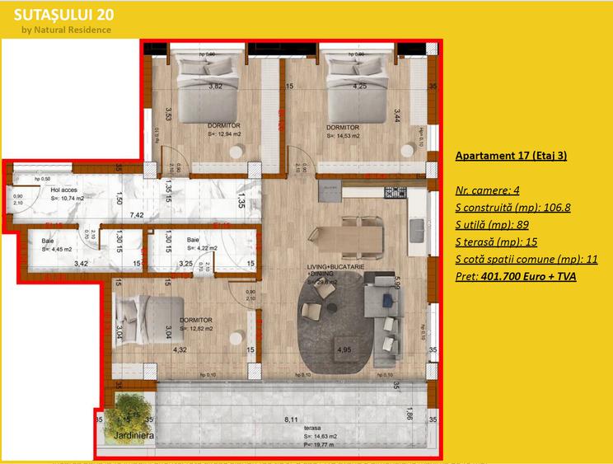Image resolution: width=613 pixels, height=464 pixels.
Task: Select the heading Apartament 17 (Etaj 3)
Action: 510,155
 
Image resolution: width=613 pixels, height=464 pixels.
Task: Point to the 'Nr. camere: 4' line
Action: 487,190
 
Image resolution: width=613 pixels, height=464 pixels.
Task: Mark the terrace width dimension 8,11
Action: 291,420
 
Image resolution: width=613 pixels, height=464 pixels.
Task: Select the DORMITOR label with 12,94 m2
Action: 224,126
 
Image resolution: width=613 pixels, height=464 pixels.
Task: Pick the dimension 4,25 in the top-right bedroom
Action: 359,86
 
